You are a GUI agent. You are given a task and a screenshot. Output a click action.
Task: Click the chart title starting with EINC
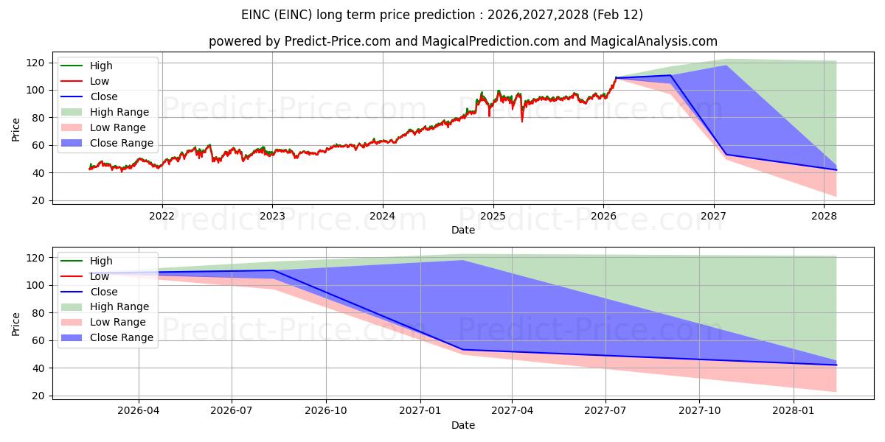click(x=442, y=15)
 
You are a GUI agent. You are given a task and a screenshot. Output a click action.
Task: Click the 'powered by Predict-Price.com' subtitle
click(x=462, y=41)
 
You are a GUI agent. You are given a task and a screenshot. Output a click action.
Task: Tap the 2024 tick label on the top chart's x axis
click(x=382, y=216)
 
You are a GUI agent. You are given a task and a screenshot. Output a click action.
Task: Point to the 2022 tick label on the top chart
click(x=162, y=216)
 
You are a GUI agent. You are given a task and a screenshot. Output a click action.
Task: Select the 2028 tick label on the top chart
click(x=824, y=216)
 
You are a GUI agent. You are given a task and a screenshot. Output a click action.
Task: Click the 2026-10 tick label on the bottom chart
click(x=326, y=411)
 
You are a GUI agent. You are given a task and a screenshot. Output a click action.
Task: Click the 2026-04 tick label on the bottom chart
click(x=139, y=411)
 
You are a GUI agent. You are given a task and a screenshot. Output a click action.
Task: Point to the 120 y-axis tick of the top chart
click(x=38, y=63)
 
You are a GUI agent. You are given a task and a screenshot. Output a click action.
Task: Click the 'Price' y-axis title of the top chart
click(x=16, y=130)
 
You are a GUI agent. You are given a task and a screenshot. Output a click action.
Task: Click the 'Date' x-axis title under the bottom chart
click(x=462, y=425)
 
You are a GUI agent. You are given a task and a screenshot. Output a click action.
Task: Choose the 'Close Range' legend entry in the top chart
click(x=122, y=143)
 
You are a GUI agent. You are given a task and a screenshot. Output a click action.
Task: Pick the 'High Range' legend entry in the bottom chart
click(x=119, y=306)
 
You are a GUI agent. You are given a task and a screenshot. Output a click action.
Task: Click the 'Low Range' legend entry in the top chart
click(x=118, y=127)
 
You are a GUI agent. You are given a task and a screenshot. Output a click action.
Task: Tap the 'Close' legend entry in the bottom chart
click(x=104, y=292)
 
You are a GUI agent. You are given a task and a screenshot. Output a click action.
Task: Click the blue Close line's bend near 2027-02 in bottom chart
click(x=462, y=350)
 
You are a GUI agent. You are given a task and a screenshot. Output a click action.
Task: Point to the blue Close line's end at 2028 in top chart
click(x=836, y=170)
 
